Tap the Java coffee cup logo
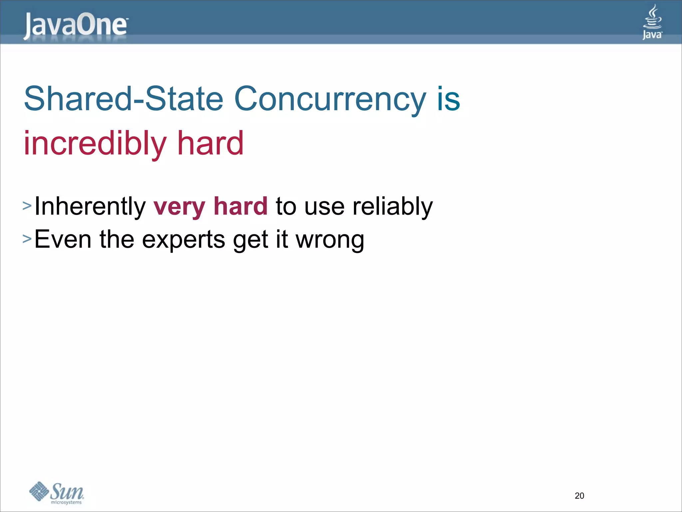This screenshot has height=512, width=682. pos(652,22)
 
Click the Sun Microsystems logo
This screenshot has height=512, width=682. pos(57,493)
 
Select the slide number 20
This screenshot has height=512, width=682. pos(579,496)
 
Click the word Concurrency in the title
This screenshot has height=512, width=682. pos(330,99)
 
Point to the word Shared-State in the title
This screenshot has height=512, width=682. pos(123,99)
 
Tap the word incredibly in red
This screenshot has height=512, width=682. pos(95,143)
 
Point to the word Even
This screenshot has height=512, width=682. pos(63,239)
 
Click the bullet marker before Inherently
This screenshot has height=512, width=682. pos(27,206)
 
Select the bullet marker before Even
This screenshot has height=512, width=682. pos(27,239)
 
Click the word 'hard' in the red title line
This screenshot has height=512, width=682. pos(210,143)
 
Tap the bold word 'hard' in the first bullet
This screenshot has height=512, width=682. pos(240,206)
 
